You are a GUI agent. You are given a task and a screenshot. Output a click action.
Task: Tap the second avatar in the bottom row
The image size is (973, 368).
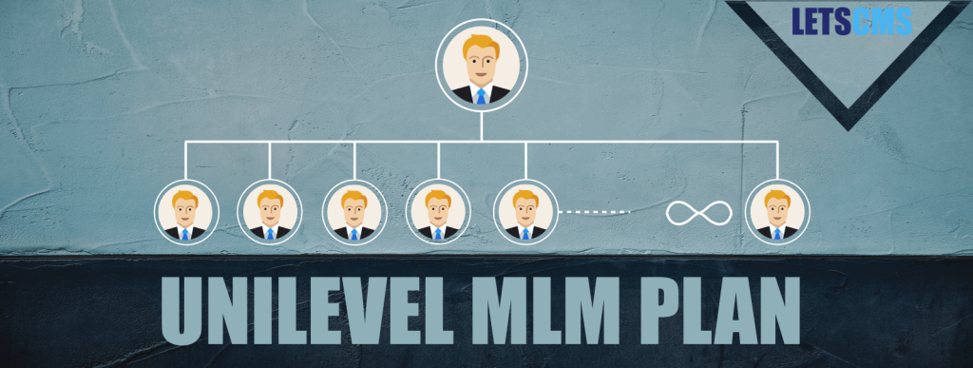(270, 212)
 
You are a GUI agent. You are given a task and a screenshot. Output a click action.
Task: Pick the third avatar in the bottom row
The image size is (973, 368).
(353, 212)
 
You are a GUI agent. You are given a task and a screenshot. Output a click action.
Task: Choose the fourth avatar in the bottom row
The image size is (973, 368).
(437, 212)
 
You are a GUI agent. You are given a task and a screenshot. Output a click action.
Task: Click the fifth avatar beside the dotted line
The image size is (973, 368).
(525, 212)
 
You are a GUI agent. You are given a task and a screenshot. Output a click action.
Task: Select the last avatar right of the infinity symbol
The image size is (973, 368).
(777, 212)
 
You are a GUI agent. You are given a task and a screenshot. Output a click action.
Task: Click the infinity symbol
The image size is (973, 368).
(692, 212)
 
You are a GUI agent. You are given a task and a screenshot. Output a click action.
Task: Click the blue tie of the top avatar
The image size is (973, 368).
(481, 95)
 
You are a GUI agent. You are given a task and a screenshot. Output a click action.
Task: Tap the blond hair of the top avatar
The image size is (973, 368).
(480, 42)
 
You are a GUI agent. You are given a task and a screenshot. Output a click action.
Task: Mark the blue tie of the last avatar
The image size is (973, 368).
(777, 233)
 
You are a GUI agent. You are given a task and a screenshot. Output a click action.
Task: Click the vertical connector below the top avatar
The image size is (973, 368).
(480, 126)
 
